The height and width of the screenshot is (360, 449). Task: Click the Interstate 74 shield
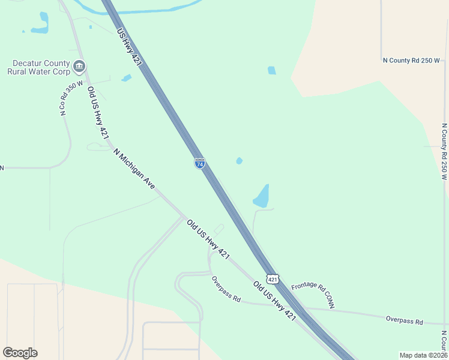pyautogui.click(x=200, y=163)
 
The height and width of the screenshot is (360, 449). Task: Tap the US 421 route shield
pyautogui.click(x=273, y=280)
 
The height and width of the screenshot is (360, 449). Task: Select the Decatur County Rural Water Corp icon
pyautogui.click(x=79, y=65)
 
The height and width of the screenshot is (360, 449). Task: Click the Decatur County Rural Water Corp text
pyautogui.click(x=38, y=67)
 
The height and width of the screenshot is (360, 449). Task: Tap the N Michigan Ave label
pyautogui.click(x=134, y=170)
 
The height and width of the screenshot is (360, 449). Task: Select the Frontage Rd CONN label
pyautogui.click(x=313, y=296)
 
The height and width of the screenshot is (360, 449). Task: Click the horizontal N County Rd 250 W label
pyautogui.click(x=411, y=61)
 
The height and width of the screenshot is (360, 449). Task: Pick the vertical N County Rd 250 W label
pyautogui.click(x=444, y=152)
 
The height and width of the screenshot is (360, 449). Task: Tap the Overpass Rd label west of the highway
pyautogui.click(x=226, y=289)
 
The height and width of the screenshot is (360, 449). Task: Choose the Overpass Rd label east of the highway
pyautogui.click(x=405, y=320)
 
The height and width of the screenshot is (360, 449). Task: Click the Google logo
pyautogui.click(x=20, y=353)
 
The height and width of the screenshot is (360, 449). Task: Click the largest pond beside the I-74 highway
pyautogui.click(x=261, y=197)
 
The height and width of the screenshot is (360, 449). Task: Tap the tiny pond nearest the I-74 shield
pyautogui.click(x=240, y=161)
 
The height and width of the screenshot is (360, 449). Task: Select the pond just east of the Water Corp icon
pyautogui.click(x=126, y=78)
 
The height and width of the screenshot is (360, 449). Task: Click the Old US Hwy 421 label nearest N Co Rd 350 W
pyautogui.click(x=98, y=113)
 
